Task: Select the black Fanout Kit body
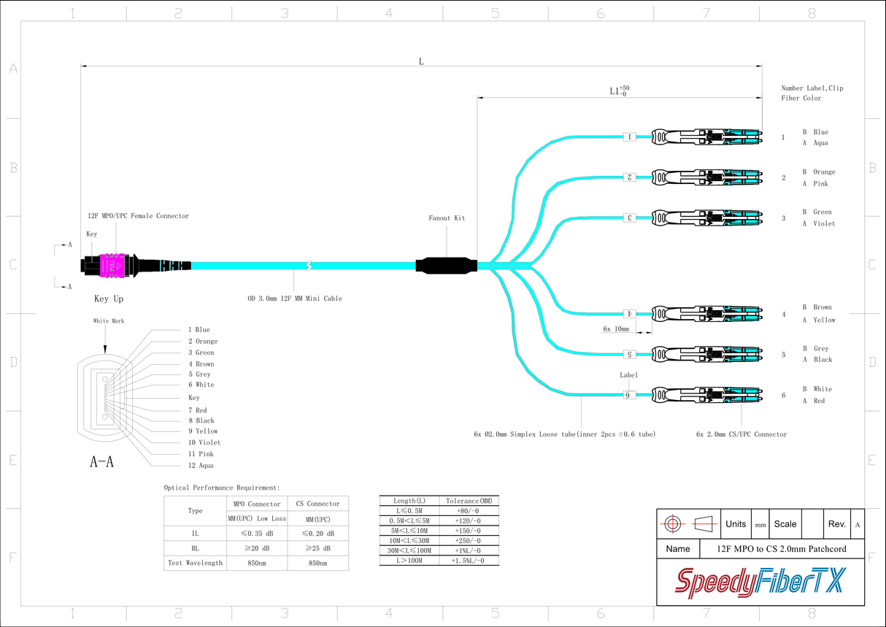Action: click(x=446, y=265)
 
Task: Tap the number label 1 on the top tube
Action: click(x=629, y=136)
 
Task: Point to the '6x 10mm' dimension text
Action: click(x=616, y=329)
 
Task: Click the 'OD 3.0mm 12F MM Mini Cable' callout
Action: click(x=294, y=299)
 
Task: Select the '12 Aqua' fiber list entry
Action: click(x=201, y=466)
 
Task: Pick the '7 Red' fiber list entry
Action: click(x=197, y=410)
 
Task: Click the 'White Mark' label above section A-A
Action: click(x=109, y=321)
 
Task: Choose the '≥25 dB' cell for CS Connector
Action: click(x=318, y=548)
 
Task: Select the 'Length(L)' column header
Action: click(x=409, y=501)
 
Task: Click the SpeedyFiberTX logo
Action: click(x=760, y=582)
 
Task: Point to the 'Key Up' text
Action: click(x=109, y=299)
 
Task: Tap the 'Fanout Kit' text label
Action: click(x=447, y=218)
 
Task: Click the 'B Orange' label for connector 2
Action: click(x=819, y=172)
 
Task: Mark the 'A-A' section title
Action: click(x=101, y=462)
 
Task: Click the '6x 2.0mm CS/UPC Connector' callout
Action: click(x=741, y=434)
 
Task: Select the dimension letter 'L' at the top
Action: click(x=421, y=61)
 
